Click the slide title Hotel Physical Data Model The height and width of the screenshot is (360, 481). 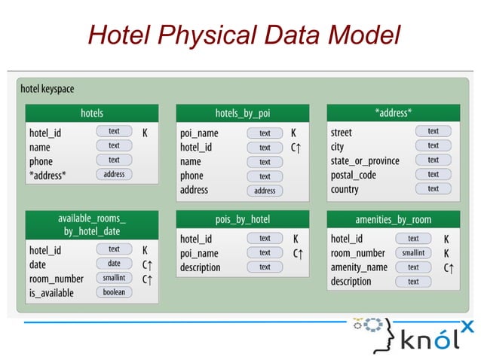tap(243, 35)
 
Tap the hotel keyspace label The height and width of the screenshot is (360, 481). tap(47, 89)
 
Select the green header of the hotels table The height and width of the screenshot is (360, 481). tap(92, 113)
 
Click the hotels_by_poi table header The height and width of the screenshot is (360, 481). tap(243, 113)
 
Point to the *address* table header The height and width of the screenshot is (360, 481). tap(394, 113)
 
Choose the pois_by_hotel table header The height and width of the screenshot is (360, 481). tap(243, 219)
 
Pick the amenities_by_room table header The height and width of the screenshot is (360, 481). tap(394, 219)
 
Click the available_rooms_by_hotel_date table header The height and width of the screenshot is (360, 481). tap(92, 224)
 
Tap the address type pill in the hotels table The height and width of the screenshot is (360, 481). tap(114, 174)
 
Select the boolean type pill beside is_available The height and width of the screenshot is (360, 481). tap(114, 292)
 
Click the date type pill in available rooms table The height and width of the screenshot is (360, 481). tap(114, 264)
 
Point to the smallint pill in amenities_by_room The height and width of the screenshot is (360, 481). tap(413, 253)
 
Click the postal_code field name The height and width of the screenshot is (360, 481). tap(353, 175)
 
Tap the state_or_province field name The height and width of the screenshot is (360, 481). tap(365, 160)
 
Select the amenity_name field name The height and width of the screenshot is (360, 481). tap(359, 267)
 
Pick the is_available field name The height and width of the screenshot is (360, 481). tap(51, 293)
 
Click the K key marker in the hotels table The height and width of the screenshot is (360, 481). tap(145, 132)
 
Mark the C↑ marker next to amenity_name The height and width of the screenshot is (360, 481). tap(449, 267)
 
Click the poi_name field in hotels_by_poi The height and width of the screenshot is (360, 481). tap(199, 133)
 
